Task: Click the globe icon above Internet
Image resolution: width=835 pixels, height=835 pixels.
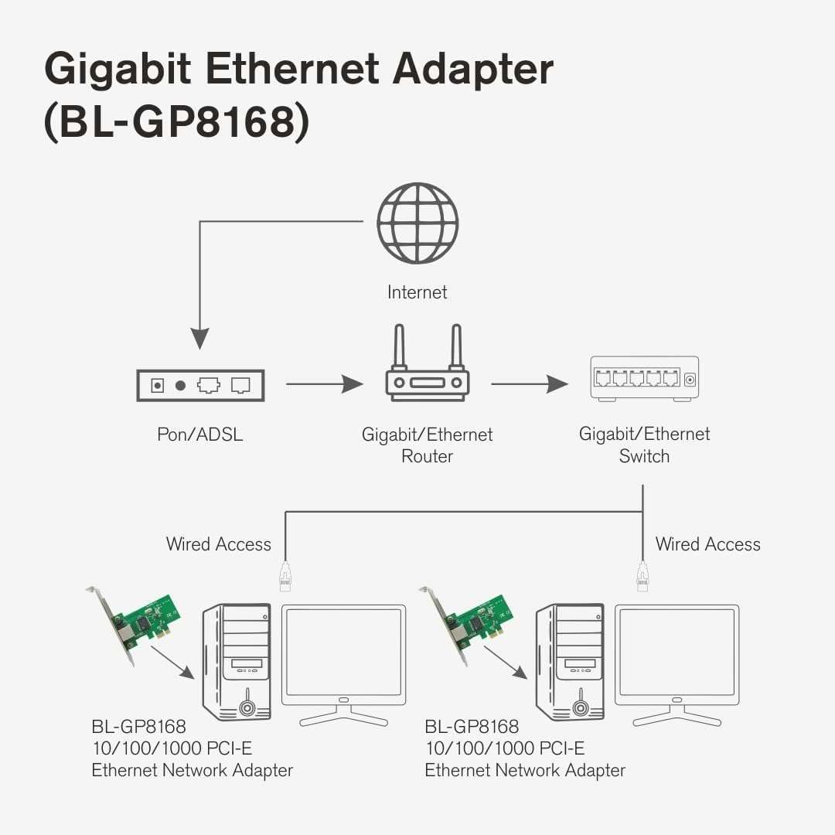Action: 417,223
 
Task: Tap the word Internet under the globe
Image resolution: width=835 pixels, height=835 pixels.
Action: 417,292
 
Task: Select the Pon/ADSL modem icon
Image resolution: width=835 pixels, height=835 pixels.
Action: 200,385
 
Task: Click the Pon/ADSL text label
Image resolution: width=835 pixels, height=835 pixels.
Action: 199,435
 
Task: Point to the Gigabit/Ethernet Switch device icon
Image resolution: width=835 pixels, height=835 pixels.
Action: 644,378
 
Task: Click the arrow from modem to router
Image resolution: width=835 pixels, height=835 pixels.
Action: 324,383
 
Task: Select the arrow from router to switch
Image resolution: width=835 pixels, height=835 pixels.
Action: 530,383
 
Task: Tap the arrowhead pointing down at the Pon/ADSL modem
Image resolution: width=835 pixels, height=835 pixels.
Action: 200,339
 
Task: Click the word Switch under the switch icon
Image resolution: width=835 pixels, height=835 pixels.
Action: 644,456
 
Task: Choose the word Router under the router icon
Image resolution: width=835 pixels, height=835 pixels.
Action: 427,456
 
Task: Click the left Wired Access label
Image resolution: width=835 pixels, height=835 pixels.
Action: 219,544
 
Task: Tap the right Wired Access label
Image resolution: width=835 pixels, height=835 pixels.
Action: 707,544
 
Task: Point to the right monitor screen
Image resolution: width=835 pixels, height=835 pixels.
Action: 677,653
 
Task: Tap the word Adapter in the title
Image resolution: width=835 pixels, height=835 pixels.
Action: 473,70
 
